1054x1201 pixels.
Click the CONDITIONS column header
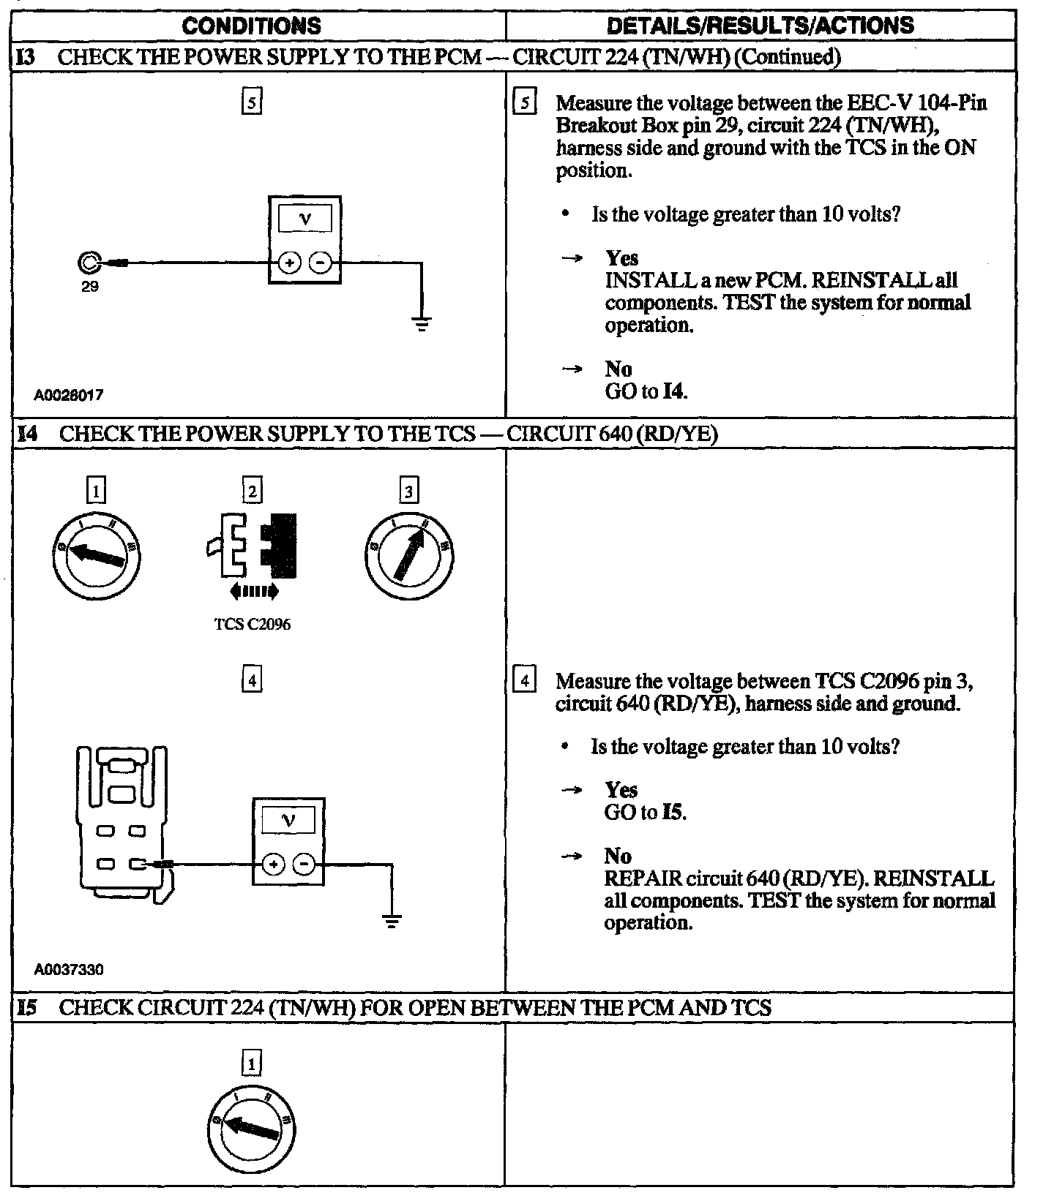click(251, 26)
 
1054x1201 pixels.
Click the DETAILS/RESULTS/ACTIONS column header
click(760, 26)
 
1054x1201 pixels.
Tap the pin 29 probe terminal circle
click(89, 262)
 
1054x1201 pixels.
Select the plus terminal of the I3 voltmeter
click(289, 263)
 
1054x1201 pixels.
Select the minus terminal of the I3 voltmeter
click(320, 263)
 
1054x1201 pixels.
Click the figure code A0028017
click(68, 395)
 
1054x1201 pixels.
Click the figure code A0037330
click(68, 970)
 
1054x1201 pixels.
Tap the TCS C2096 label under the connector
click(252, 625)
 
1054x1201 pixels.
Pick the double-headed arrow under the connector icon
click(253, 590)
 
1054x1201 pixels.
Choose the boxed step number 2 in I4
click(252, 491)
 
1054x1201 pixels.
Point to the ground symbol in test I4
click(392, 921)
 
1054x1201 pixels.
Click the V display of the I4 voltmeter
click(288, 821)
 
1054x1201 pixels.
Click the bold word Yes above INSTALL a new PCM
click(621, 258)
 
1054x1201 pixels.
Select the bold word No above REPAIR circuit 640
click(618, 856)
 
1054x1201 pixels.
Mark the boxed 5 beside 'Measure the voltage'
click(525, 103)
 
